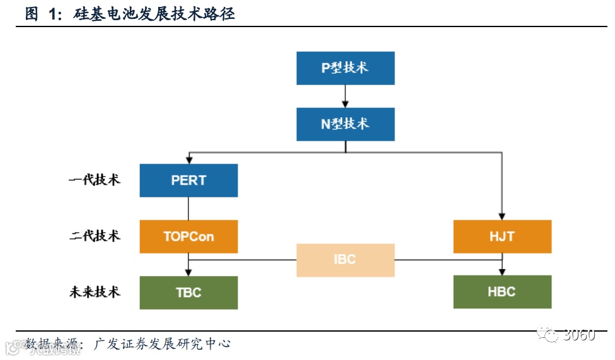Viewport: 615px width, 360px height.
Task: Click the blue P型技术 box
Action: click(345, 68)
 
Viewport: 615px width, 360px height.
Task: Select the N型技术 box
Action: click(345, 124)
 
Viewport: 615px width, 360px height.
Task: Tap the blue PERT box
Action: click(188, 180)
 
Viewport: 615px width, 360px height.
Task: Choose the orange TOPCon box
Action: click(188, 236)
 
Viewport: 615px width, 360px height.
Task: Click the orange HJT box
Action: click(502, 236)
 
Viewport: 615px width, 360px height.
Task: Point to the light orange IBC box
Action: click(345, 260)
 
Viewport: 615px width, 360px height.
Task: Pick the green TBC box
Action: click(188, 293)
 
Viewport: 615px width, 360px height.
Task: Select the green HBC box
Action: click(502, 292)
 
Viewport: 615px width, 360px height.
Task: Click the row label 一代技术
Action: click(95, 180)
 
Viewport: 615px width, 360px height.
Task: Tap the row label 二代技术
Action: click(95, 236)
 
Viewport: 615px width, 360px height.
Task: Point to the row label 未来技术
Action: click(95, 292)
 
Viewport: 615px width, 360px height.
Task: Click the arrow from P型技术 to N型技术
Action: click(345, 96)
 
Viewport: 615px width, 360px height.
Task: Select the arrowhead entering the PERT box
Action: click(188, 160)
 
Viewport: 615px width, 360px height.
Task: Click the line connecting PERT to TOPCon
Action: click(188, 208)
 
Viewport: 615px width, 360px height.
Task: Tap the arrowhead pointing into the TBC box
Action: click(188, 272)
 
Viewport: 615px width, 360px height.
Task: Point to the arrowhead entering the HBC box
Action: click(502, 272)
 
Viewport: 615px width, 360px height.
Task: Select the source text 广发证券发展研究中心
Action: click(162, 344)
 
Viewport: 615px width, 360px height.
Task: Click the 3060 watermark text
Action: click(579, 335)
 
